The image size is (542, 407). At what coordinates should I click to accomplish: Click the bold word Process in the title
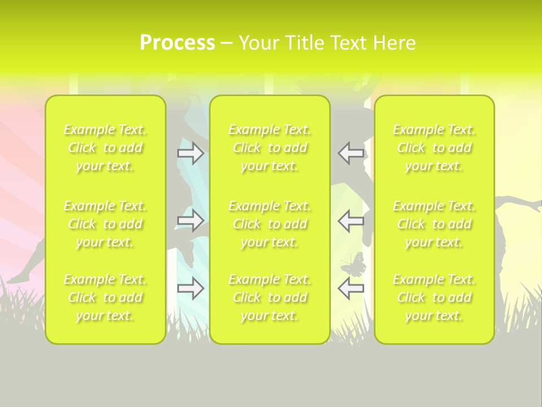[177, 43]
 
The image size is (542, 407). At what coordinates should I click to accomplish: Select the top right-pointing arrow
[191, 153]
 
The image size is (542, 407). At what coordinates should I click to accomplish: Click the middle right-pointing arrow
[191, 220]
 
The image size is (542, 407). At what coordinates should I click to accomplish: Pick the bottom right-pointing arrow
[191, 288]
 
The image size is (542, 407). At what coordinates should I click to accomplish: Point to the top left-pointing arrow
[351, 153]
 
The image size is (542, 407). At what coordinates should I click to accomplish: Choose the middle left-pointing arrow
[351, 220]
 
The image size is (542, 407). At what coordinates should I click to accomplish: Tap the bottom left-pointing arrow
[351, 288]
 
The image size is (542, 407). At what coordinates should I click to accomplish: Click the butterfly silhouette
[353, 264]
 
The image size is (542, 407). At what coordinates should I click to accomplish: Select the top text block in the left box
[105, 148]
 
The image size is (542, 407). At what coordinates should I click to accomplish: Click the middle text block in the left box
[105, 224]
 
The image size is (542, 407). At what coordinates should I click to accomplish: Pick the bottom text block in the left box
[105, 297]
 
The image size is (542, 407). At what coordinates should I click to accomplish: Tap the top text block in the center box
[270, 148]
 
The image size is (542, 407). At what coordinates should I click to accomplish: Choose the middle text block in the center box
[270, 224]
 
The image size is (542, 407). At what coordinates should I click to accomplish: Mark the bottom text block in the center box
[270, 297]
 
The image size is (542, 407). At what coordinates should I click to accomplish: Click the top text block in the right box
[434, 148]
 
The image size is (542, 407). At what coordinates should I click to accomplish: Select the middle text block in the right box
[434, 224]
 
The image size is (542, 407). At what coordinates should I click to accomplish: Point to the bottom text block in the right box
[434, 297]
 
